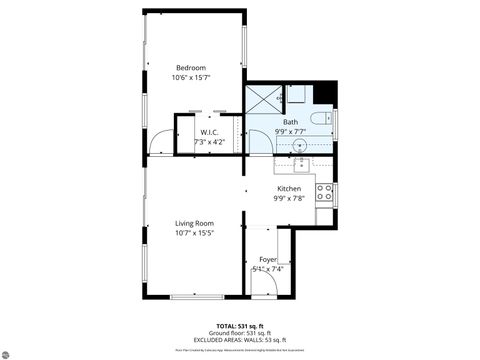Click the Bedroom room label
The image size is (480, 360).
pyautogui.click(x=192, y=68)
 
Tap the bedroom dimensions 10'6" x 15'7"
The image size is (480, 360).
pyautogui.click(x=192, y=78)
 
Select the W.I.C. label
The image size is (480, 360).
pyautogui.click(x=209, y=132)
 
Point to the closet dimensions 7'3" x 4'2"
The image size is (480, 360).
pyautogui.click(x=209, y=142)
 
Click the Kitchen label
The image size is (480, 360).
pyautogui.click(x=289, y=188)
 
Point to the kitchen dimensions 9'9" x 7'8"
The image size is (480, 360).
pyautogui.click(x=289, y=198)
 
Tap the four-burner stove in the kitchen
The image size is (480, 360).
pyautogui.click(x=324, y=192)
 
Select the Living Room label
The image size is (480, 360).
pyautogui.click(x=195, y=224)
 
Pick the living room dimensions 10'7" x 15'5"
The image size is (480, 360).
pyautogui.click(x=195, y=234)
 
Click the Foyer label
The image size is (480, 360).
pyautogui.click(x=268, y=259)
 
